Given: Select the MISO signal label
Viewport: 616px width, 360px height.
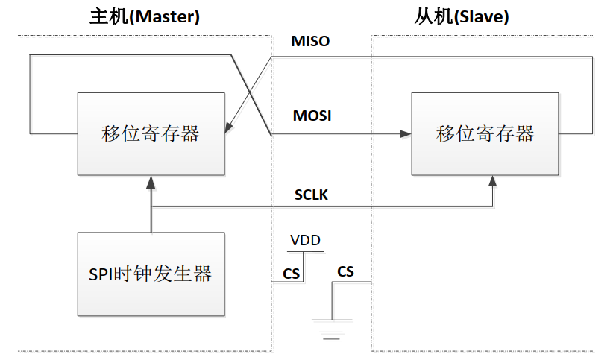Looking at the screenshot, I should coord(310,42).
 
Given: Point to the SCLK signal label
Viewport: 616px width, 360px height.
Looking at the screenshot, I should coord(311,196).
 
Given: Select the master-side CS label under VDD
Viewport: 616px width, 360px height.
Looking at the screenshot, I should coord(291,274).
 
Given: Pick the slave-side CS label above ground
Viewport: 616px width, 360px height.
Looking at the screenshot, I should coord(345,271).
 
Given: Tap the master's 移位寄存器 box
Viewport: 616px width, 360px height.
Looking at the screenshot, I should coord(151,134).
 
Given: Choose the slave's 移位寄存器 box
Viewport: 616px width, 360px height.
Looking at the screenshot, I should coord(485,134).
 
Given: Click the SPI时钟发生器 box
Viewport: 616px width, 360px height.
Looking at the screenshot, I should coord(151,274).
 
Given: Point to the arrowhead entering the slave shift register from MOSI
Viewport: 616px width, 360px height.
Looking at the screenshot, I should coord(406,134).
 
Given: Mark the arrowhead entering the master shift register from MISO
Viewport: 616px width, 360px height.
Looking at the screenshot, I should coord(229,129).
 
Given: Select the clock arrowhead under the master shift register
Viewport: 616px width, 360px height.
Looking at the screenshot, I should coord(151,180).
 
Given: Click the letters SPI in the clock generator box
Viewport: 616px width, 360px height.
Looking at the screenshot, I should coord(102,274).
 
